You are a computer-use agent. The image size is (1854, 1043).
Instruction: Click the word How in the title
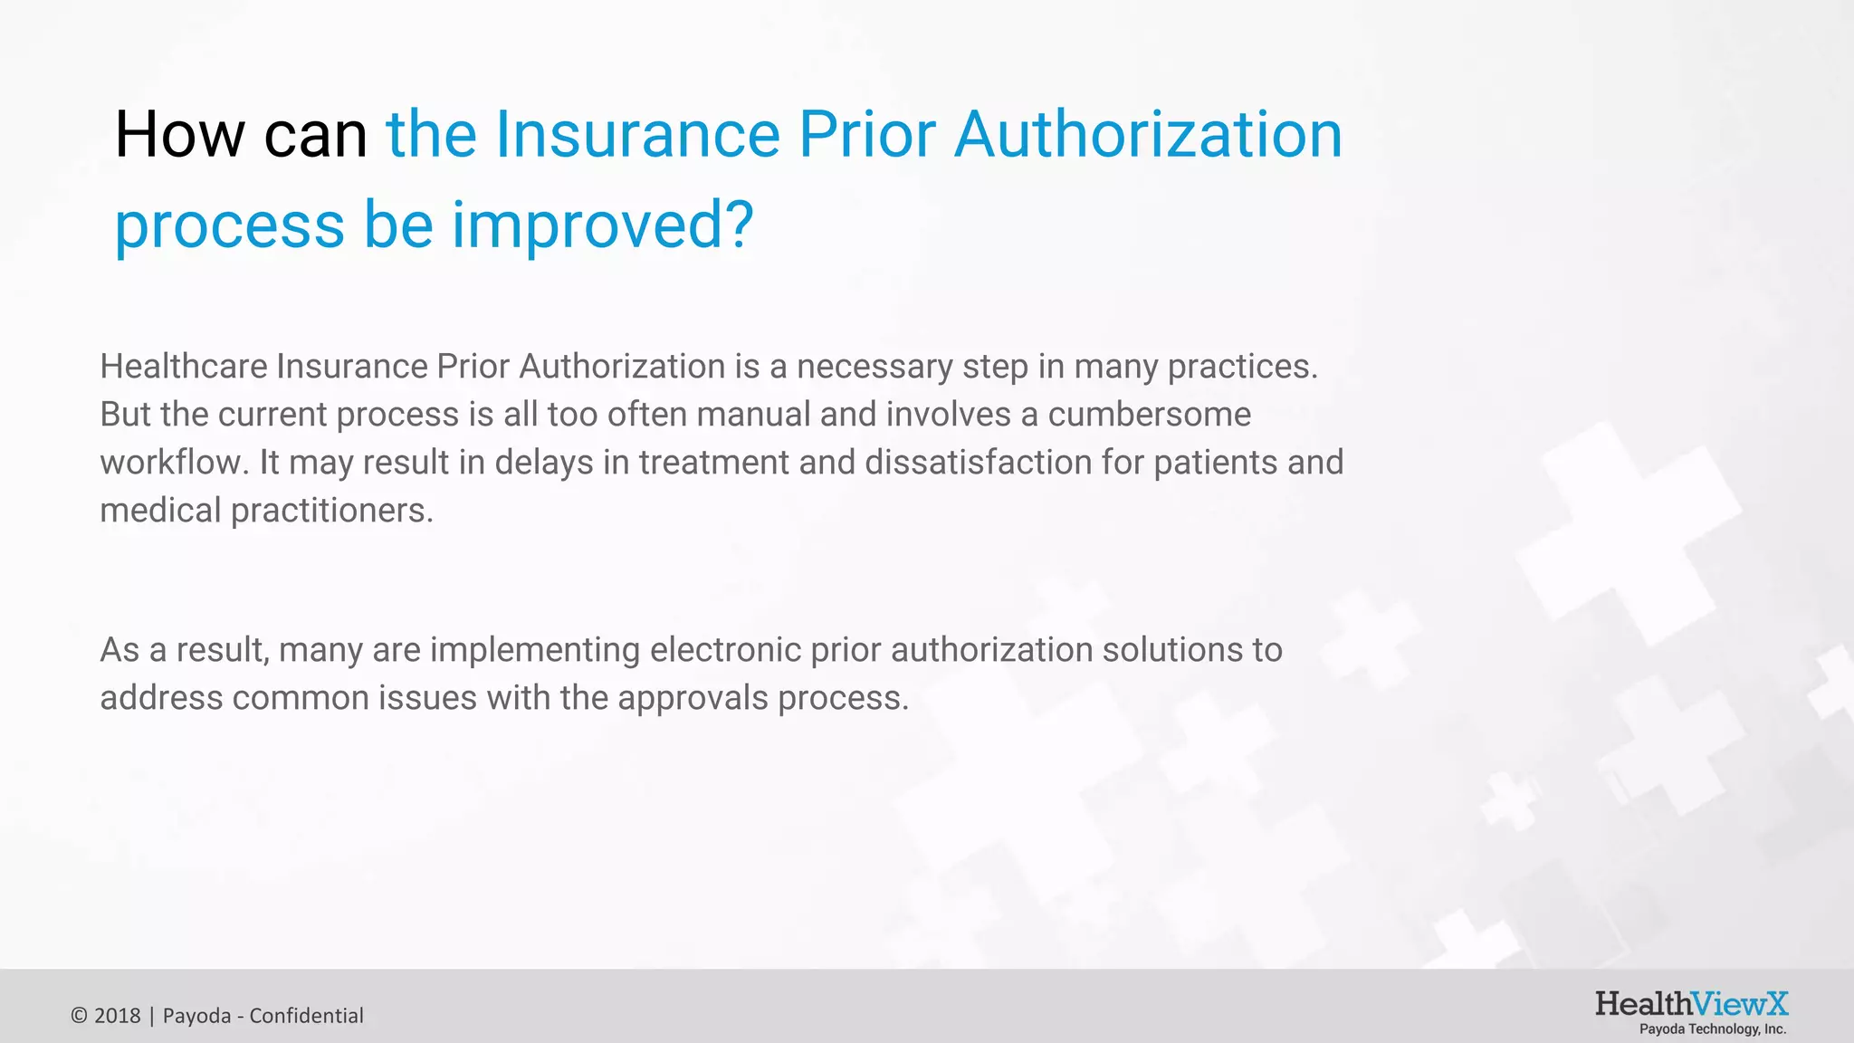[179, 135]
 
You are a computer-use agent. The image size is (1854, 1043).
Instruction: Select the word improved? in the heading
[602, 225]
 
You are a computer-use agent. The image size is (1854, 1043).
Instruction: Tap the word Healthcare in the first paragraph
[183, 367]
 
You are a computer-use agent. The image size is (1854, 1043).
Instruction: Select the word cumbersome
[1149, 415]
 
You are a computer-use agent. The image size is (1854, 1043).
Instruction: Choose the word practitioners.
[332, 511]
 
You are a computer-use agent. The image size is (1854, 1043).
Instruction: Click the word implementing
[535, 650]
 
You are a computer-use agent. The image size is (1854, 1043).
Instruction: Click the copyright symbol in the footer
[79, 1016]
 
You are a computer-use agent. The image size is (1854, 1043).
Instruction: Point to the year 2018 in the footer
[118, 1016]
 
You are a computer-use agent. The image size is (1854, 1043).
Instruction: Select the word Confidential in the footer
[306, 1016]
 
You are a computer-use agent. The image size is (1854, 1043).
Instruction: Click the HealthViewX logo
[1691, 1004]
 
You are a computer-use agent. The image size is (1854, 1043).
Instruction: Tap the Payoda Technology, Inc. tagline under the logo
[1713, 1029]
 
